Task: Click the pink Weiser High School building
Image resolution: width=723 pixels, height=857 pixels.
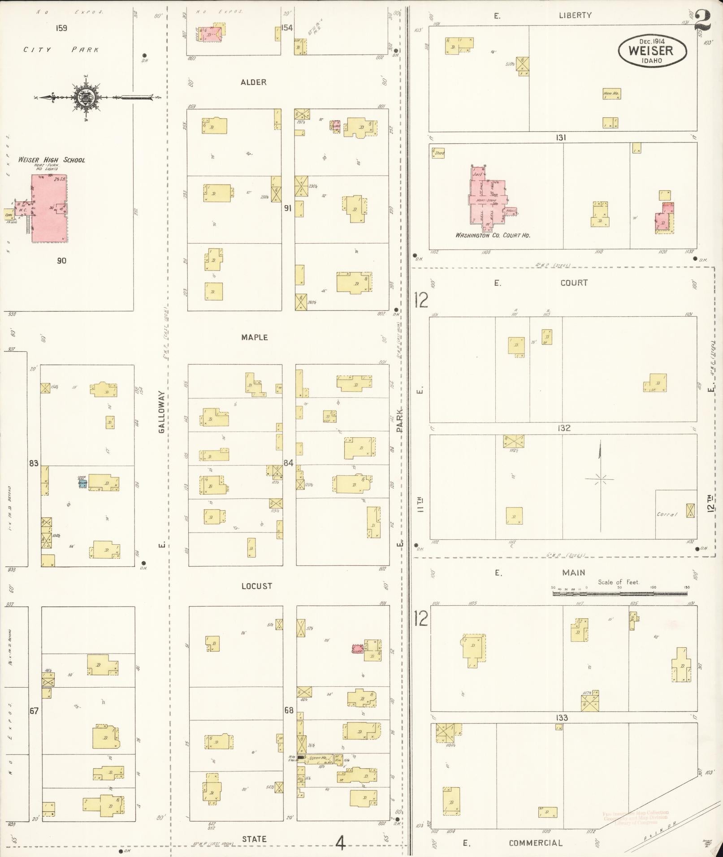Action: tap(48, 208)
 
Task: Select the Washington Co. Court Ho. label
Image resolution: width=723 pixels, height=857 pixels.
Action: tap(493, 235)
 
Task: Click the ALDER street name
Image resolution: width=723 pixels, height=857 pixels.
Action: tap(253, 82)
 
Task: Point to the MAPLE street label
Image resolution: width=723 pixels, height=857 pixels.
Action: tap(254, 337)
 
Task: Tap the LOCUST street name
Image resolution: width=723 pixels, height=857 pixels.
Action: tap(256, 586)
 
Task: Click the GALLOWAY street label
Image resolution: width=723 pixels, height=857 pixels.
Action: tap(161, 411)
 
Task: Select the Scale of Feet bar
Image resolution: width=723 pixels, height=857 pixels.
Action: tap(619, 593)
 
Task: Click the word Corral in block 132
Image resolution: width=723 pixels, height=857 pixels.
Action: tap(667, 514)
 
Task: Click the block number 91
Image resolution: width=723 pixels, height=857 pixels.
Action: tap(288, 208)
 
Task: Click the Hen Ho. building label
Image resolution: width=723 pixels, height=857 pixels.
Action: tap(611, 94)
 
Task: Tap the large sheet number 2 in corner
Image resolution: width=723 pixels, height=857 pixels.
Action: tap(704, 20)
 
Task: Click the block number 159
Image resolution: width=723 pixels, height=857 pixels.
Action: tap(61, 28)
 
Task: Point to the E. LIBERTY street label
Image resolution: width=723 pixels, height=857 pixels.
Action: tap(575, 15)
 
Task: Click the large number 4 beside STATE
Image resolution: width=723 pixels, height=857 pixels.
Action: tap(341, 844)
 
